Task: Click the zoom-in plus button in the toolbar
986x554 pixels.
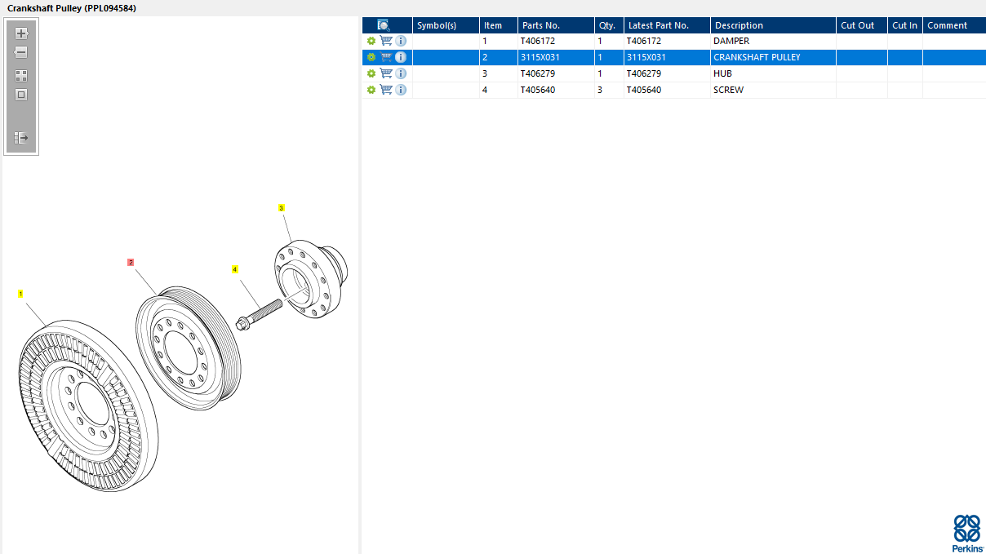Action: [21, 33]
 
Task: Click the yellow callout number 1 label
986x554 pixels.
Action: [20, 294]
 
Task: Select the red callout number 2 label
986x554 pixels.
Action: [131, 262]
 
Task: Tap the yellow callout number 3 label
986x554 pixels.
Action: [282, 208]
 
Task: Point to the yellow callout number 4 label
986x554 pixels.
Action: [234, 269]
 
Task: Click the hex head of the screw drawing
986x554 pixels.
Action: [242, 324]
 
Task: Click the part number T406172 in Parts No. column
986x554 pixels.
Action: [537, 41]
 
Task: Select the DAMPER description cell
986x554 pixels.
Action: [731, 41]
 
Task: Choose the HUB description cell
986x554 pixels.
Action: [722, 73]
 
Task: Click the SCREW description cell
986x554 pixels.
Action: [728, 90]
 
